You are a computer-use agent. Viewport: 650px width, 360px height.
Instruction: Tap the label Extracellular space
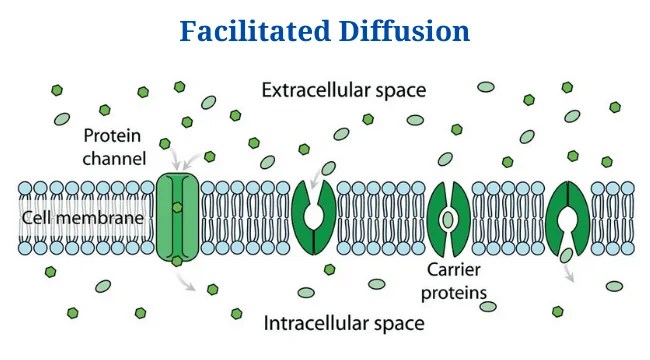point(344,91)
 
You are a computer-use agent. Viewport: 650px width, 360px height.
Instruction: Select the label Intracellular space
point(343,323)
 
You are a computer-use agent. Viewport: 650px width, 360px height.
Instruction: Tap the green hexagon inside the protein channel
point(177,208)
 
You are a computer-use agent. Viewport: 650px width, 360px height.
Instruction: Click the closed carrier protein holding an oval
point(447,217)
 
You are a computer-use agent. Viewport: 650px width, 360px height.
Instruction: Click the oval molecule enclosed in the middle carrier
point(447,217)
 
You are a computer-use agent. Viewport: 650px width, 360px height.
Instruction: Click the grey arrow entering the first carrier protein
point(315,178)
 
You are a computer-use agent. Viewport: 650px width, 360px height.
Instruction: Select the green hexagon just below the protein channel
point(177,261)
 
